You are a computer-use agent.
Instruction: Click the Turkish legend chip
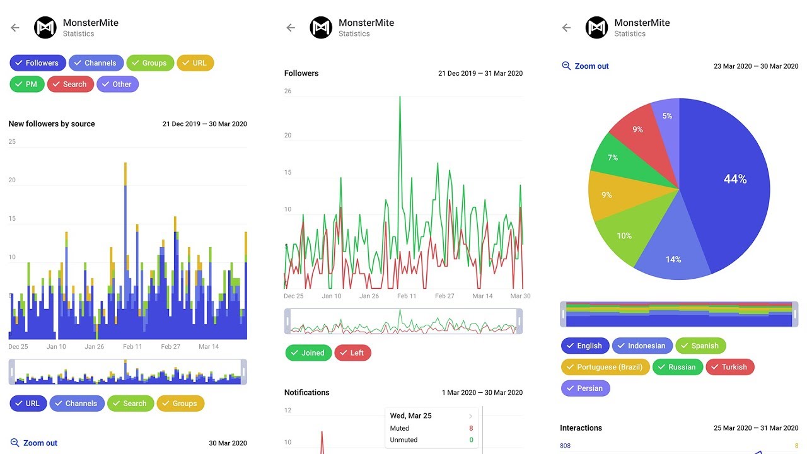[x=729, y=367]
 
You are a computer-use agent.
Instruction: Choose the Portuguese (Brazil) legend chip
[x=605, y=367]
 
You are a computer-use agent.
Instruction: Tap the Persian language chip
[x=585, y=388]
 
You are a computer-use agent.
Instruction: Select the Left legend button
[x=352, y=353]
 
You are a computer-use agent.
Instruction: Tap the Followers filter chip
[x=37, y=63]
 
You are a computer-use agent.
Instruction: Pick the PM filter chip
[x=26, y=84]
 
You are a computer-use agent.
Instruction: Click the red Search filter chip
[x=70, y=84]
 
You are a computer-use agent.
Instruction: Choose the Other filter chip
[x=117, y=84]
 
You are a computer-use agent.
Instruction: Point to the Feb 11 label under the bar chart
[x=132, y=347]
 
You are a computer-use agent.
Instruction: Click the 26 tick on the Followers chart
[x=288, y=91]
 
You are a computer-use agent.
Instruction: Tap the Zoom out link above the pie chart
[x=585, y=66]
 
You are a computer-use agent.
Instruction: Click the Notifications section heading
[x=307, y=392]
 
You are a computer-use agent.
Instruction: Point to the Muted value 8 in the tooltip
[x=471, y=428]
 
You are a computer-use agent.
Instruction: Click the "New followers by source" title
[x=52, y=124]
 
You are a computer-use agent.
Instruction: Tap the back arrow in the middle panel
[x=291, y=28]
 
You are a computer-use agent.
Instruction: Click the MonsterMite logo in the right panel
[x=596, y=28]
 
